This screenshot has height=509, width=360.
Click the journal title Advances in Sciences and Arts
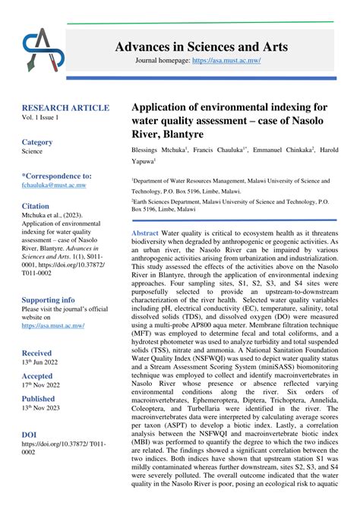(x=201, y=47)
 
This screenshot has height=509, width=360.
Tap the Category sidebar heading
(x=37, y=142)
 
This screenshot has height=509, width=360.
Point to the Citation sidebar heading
(x=36, y=206)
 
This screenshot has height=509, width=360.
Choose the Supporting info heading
(x=49, y=300)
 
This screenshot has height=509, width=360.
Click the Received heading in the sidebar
(x=37, y=353)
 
